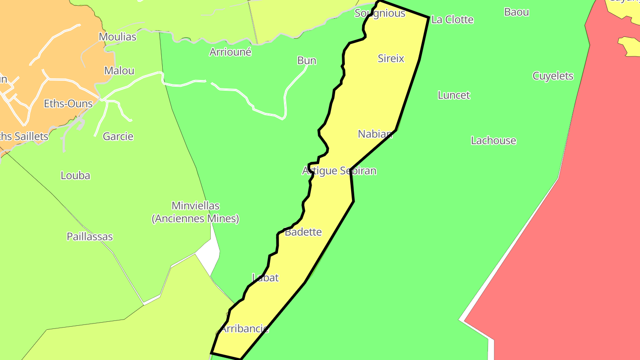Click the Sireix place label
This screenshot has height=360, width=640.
(x=391, y=58)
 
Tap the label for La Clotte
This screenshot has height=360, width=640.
(x=452, y=20)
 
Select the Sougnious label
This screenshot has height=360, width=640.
(x=380, y=13)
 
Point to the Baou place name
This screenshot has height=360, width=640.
(x=516, y=12)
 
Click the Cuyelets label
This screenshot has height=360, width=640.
(x=553, y=76)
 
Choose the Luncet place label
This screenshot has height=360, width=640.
(x=454, y=95)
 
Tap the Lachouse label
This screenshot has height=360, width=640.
(x=493, y=140)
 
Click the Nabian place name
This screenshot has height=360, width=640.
(x=375, y=134)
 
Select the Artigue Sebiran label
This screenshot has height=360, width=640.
(x=339, y=171)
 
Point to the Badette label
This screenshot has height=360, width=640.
(x=303, y=232)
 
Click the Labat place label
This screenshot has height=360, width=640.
(x=265, y=278)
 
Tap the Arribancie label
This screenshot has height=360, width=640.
(x=244, y=329)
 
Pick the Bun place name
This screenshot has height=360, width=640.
(x=307, y=60)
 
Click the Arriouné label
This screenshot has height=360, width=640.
(x=230, y=52)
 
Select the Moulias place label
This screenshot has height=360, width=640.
(x=117, y=36)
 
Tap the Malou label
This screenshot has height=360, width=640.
(x=119, y=71)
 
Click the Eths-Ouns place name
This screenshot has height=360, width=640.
(x=68, y=104)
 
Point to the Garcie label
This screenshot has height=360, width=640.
(x=118, y=136)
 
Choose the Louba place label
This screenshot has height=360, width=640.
(x=76, y=176)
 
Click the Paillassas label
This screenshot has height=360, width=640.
(x=90, y=236)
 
